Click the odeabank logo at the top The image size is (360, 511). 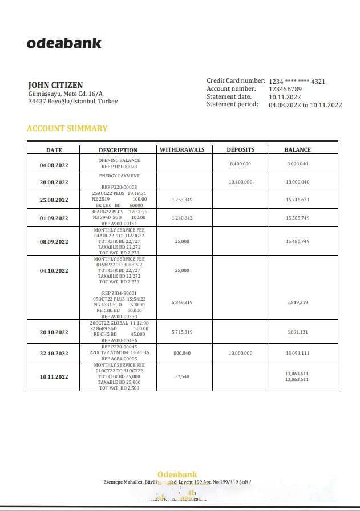[64, 43]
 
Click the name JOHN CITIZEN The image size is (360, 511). [55, 85]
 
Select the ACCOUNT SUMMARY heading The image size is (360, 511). [67, 128]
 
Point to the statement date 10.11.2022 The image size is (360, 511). [285, 97]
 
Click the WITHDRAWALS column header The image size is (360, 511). [183, 150]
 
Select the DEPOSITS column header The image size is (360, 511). [240, 150]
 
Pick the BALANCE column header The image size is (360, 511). [297, 150]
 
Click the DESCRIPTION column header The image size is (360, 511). [118, 151]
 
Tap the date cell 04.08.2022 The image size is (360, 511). [54, 165]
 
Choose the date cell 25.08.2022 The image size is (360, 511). [54, 200]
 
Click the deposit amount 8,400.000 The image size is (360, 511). [240, 164]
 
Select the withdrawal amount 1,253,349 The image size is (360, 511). [182, 200]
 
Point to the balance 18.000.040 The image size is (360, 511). [297, 182]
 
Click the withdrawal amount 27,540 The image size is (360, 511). [182, 376]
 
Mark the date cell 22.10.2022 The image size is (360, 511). [54, 353]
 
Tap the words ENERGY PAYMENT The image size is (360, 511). [119, 176]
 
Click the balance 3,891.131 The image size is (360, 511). [297, 332]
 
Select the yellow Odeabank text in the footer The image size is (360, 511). [177, 474]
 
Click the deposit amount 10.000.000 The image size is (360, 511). [240, 353]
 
